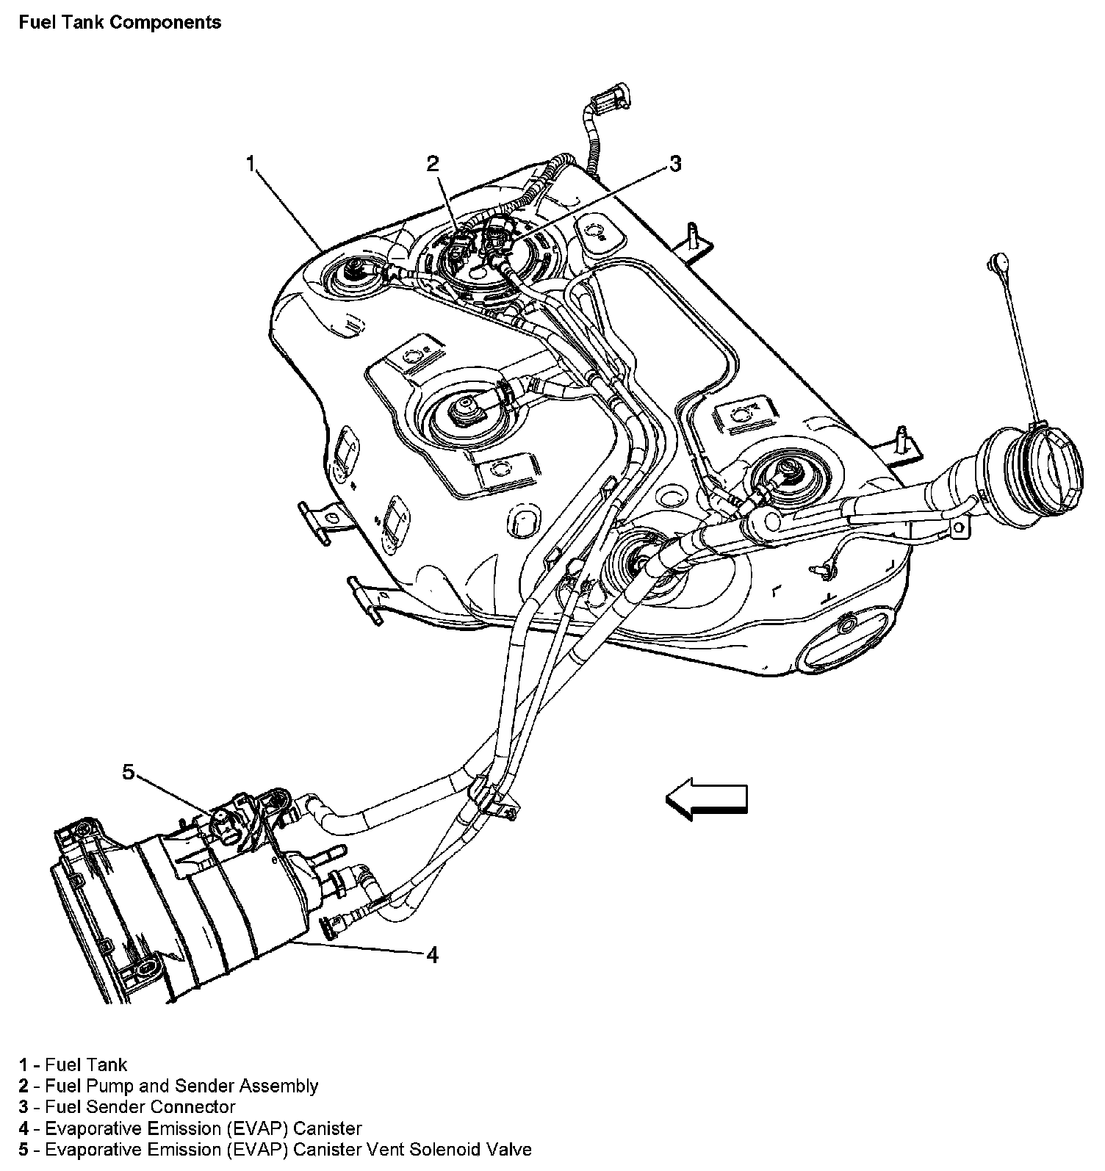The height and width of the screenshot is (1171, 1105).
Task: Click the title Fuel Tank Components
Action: [120, 23]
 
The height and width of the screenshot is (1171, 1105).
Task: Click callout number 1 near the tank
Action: [251, 162]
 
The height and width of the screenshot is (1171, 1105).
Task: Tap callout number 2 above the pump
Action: [433, 163]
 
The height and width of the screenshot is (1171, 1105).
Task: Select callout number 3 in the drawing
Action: [674, 163]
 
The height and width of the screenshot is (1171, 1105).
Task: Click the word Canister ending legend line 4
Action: [325, 1128]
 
